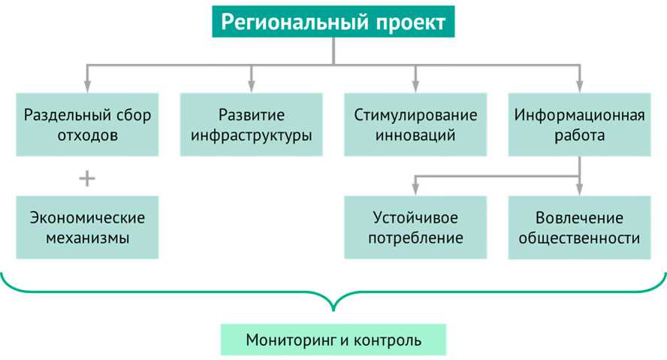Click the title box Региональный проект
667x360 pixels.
coord(333,22)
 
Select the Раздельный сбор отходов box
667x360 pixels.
coord(87,125)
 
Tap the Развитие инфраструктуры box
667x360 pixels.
coord(252,125)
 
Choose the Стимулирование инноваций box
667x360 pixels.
coord(415,125)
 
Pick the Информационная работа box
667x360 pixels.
coord(579,125)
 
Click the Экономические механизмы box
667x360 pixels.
coord(87,227)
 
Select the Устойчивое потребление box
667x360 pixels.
coord(415,227)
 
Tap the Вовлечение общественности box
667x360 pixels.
coord(579,227)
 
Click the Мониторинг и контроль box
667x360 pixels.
coord(333,340)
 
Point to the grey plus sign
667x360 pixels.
coord(87,178)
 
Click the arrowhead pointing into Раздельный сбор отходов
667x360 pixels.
coord(87,86)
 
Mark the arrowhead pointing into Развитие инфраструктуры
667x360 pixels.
coord(252,86)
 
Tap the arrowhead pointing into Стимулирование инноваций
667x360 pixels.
coord(415,86)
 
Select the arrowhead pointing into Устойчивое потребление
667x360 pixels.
coord(415,189)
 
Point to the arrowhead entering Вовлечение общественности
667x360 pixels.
coord(579,189)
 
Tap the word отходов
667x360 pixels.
coord(87,136)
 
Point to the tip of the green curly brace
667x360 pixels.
coord(333,310)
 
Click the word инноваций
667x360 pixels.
coord(415,136)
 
